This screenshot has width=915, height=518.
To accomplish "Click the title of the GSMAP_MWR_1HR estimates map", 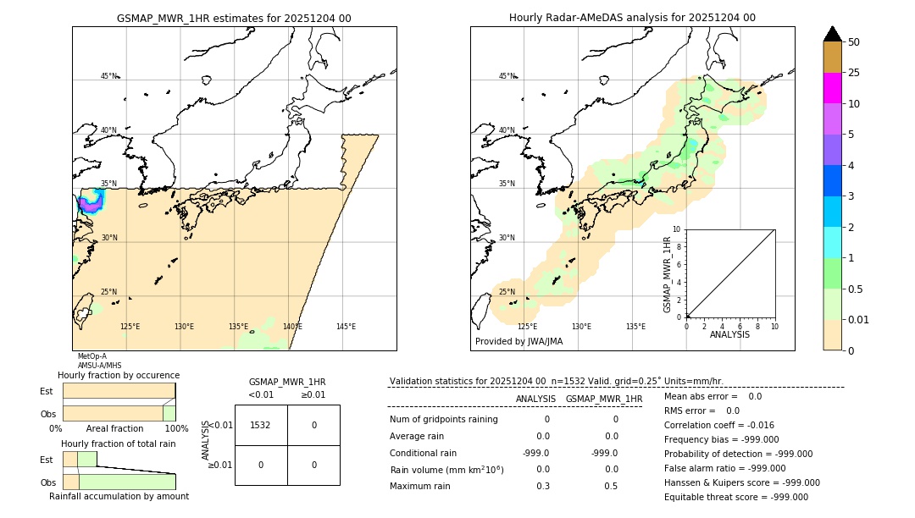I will [x=234, y=18].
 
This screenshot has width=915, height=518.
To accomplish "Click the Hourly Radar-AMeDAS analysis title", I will [x=632, y=18].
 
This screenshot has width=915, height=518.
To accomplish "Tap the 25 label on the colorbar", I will [x=854, y=73].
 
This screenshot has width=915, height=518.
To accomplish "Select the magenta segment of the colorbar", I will [x=832, y=88].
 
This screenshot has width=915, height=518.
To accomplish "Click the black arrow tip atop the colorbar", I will [x=833, y=33].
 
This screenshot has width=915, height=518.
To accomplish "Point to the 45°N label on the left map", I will [x=109, y=76].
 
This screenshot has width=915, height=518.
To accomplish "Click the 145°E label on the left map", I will [x=346, y=327].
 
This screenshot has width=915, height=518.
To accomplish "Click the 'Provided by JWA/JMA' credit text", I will [x=518, y=342].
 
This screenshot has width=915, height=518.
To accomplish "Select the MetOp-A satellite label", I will [x=92, y=356].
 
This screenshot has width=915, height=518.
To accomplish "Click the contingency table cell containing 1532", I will [x=261, y=425].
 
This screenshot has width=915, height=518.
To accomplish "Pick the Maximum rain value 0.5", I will [x=611, y=486].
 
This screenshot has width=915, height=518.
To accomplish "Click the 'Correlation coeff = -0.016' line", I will [x=718, y=426].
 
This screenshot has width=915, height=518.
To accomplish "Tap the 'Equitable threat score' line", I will [x=735, y=497].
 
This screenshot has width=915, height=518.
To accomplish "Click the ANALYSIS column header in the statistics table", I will [x=535, y=399].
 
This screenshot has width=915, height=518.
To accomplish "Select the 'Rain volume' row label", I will [x=446, y=470].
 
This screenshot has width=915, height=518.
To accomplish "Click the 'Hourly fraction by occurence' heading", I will [x=119, y=375].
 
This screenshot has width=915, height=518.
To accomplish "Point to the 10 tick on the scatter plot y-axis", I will [x=677, y=229].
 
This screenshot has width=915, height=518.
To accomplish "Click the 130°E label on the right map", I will [x=581, y=327].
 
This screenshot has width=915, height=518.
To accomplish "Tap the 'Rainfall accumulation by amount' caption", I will [x=119, y=497].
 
